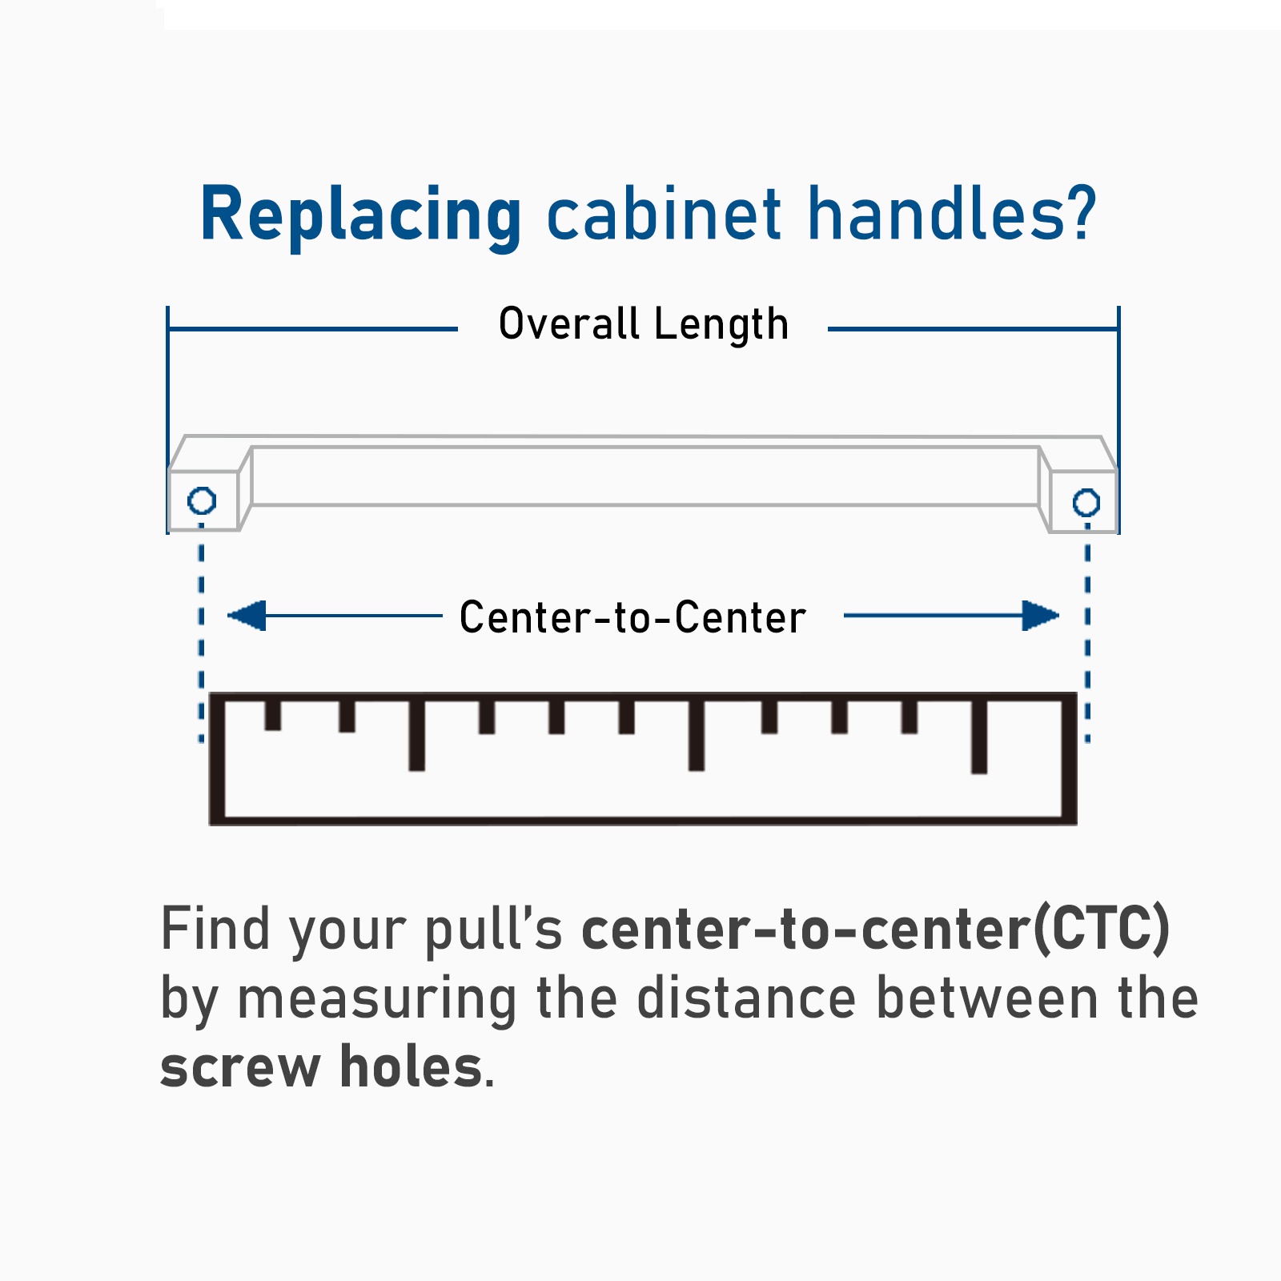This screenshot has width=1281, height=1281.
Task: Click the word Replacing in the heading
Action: (x=360, y=215)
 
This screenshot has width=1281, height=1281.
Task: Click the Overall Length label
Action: (x=644, y=324)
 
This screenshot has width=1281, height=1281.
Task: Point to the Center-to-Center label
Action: (x=632, y=617)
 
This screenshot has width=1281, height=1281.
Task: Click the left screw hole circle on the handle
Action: (x=202, y=501)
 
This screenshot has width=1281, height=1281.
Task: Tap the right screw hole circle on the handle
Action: (x=1086, y=503)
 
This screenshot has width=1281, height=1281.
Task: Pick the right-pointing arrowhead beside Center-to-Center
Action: (x=1040, y=616)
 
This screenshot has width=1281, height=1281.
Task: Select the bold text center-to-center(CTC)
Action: (x=875, y=929)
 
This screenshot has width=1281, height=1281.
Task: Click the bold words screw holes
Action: (x=321, y=1067)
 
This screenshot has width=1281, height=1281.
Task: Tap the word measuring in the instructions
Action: (x=377, y=999)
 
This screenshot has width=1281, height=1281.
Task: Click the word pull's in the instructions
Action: (x=493, y=929)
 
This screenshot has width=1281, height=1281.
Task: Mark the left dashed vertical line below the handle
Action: (x=201, y=632)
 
